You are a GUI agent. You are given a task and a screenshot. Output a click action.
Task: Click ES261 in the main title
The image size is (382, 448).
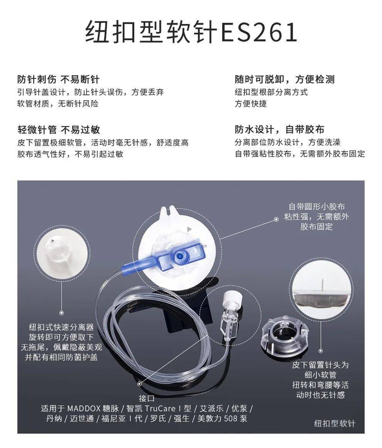[259, 32]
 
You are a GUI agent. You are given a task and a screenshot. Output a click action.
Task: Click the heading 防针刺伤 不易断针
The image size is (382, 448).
[58, 80]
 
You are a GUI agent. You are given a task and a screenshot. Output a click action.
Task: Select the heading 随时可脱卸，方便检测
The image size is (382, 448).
[285, 80]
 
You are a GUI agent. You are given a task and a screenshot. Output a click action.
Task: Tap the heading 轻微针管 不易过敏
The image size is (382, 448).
[58, 130]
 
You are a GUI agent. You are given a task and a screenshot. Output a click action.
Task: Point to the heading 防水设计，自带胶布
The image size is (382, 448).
[279, 130]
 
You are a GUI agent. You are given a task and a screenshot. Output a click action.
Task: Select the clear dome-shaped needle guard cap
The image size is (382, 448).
[284, 335]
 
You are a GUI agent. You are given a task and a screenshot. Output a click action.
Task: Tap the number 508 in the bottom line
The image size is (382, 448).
[231, 419]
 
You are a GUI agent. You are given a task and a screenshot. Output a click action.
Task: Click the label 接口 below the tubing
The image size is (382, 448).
[147, 398]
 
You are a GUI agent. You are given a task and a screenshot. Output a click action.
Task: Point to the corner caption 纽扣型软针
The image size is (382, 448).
[335, 423]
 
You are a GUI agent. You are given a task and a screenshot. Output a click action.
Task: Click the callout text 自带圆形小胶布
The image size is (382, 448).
[317, 207]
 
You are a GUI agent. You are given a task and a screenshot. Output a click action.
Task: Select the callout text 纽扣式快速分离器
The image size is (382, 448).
[61, 327]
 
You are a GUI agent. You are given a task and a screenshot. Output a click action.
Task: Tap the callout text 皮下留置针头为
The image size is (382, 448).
[320, 365]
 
